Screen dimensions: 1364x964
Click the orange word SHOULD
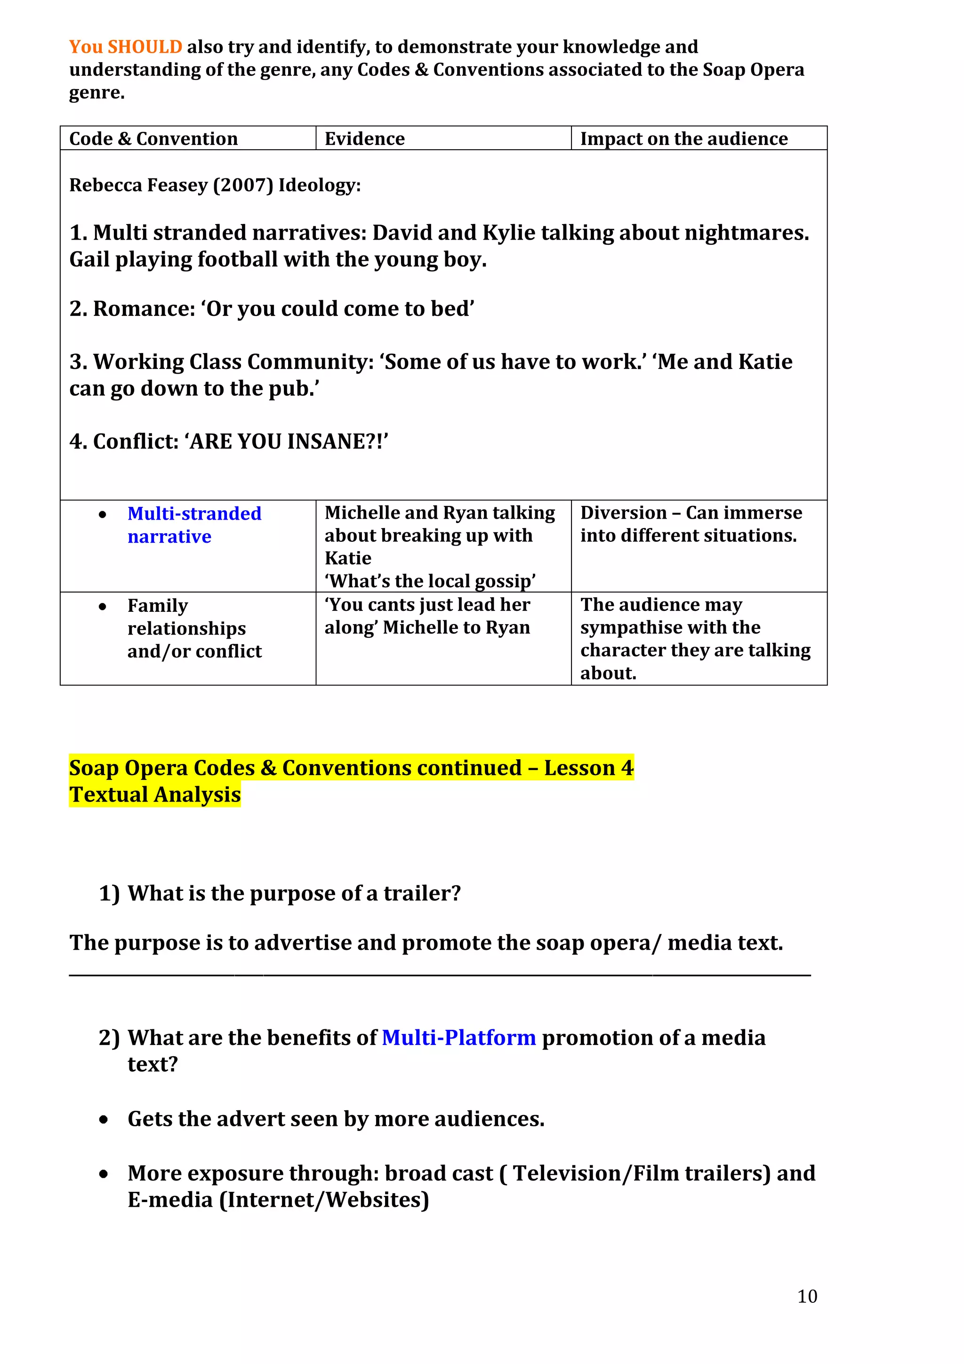coord(145,47)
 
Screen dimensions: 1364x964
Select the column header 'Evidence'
coord(364,138)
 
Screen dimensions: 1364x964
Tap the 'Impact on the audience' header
coord(683,138)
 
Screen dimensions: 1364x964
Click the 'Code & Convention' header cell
coord(153,138)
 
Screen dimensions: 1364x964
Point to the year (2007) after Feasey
coord(243,185)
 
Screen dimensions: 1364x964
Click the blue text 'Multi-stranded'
coord(194,514)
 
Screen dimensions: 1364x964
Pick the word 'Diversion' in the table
coord(623,513)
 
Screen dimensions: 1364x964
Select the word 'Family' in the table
coord(157,605)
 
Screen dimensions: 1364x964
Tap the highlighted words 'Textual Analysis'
coord(155,795)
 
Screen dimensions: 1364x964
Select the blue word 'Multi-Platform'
coord(458,1037)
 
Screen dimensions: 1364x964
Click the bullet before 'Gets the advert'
coord(104,1120)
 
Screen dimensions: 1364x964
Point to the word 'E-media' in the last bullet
coord(170,1199)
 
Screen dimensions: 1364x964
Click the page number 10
coord(807,1296)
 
